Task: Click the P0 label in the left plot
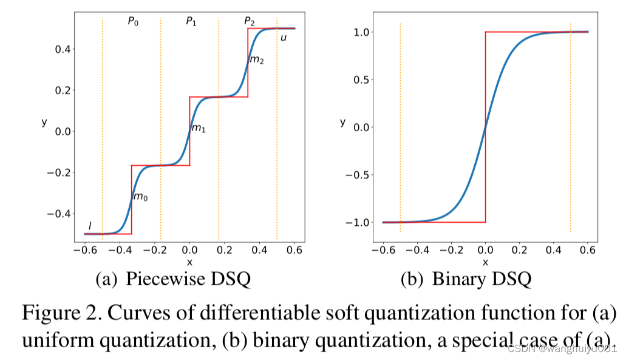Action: pos(133,21)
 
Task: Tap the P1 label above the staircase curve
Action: pos(191,21)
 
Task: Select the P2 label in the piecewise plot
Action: pos(250,21)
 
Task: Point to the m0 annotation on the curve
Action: pos(140,197)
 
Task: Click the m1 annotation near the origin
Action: pos(199,128)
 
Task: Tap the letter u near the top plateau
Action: pos(284,38)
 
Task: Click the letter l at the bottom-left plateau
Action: pos(90,225)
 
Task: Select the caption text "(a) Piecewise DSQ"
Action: pos(174,279)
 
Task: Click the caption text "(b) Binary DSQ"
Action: pos(466,279)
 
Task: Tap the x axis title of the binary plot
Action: pos(485,262)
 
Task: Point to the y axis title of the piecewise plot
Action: pos(44,122)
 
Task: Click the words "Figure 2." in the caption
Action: pos(60,314)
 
